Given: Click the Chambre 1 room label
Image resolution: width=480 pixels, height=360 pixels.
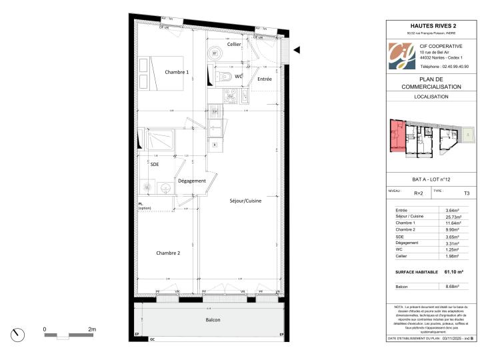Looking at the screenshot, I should coord(177,72).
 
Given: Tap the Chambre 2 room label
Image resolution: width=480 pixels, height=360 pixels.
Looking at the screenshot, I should coord(168,253).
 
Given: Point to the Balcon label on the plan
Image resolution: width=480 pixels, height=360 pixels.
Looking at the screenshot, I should coord(213,320).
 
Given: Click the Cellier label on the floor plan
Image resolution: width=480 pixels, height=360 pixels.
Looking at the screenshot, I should coord(233,44).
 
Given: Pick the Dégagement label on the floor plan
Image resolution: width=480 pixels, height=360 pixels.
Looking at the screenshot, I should coord(191,181).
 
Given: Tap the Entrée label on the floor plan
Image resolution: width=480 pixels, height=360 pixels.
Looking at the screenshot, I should coord(265,79).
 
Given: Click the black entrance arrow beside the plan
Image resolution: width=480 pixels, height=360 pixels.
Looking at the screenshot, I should coord(297,50).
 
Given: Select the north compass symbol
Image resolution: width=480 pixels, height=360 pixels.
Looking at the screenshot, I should coord(19,334).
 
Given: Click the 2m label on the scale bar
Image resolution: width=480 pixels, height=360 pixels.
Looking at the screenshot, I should coord(92,329).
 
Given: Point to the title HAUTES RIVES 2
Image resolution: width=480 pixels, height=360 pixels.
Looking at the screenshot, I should coord(431,25).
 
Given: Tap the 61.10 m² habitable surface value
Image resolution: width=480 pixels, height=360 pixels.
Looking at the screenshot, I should coord(453,272).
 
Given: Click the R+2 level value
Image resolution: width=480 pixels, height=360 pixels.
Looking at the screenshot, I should coord(419,193).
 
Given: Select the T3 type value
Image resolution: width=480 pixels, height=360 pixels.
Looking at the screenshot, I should coord(467,193).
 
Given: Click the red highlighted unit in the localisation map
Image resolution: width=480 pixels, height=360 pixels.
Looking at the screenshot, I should coord(397,136).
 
